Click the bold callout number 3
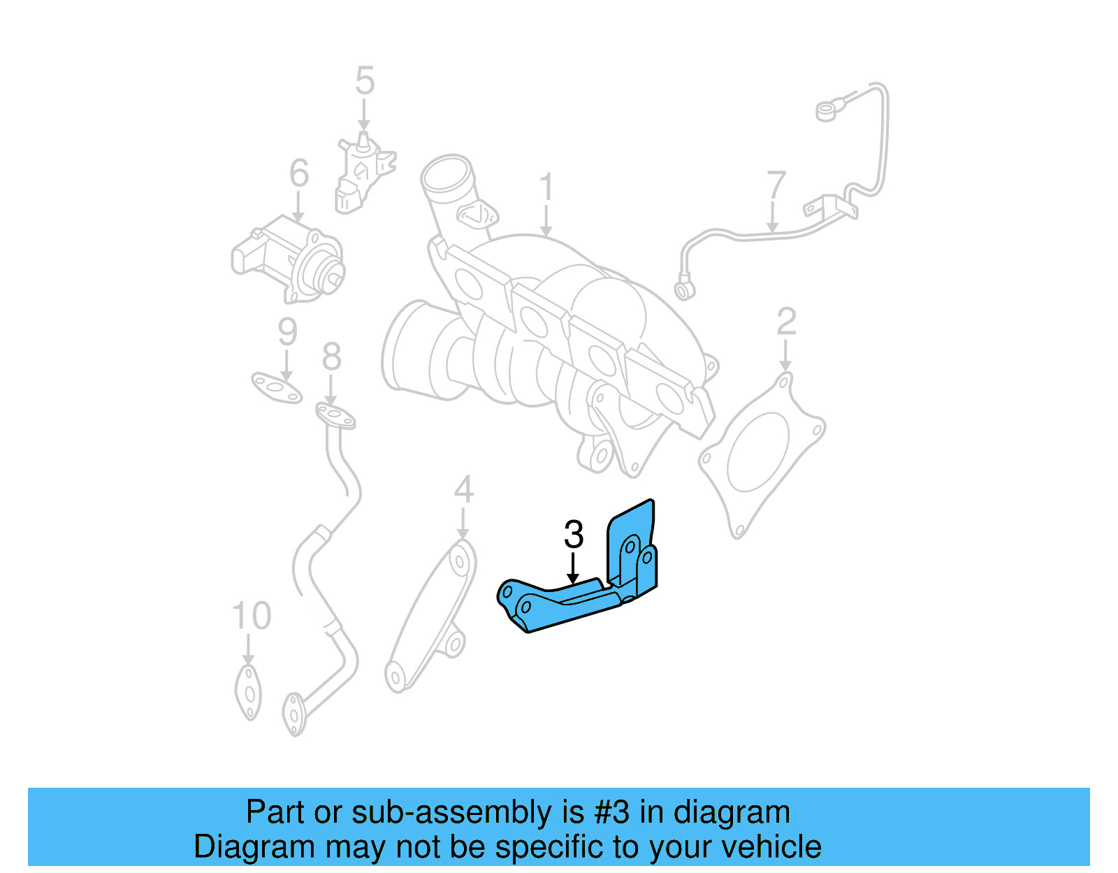[x=573, y=535]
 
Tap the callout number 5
[x=365, y=81]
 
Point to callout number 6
[x=299, y=173]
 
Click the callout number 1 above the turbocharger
[x=546, y=187]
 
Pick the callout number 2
[x=786, y=322]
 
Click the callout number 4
[x=463, y=489]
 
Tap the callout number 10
[x=251, y=616]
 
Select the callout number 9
[x=287, y=332]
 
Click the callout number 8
[x=331, y=357]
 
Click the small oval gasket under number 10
[x=248, y=692]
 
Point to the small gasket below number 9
[x=277, y=389]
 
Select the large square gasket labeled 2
[x=762, y=454]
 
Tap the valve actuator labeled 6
[x=290, y=259]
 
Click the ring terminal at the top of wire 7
[x=826, y=110]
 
